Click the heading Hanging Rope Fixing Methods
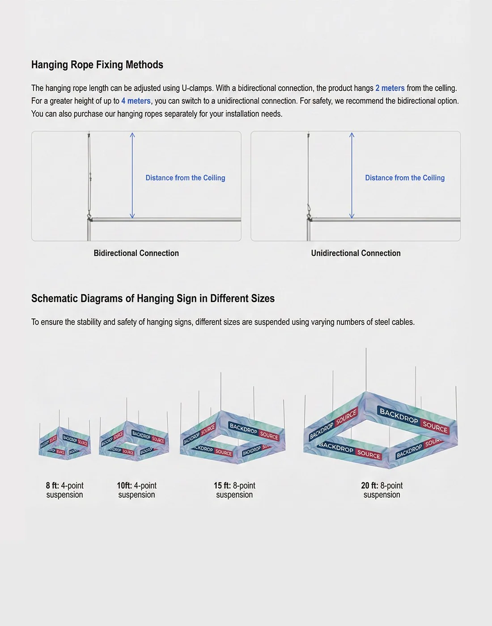tap(97, 65)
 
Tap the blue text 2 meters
tap(390, 88)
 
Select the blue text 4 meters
tap(136, 101)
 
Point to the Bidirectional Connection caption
tap(136, 253)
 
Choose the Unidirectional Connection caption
tap(356, 253)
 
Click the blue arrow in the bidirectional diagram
tap(132, 175)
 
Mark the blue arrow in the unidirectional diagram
tap(352, 175)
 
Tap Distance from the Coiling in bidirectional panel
tap(185, 178)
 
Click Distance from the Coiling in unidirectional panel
tap(405, 178)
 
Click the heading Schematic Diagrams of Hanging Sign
tap(153, 298)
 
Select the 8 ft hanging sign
tap(65, 441)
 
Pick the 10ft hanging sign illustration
tap(134, 438)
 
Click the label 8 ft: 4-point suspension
tap(64, 490)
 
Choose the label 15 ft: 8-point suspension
tap(234, 490)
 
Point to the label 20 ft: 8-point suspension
tap(382, 490)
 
